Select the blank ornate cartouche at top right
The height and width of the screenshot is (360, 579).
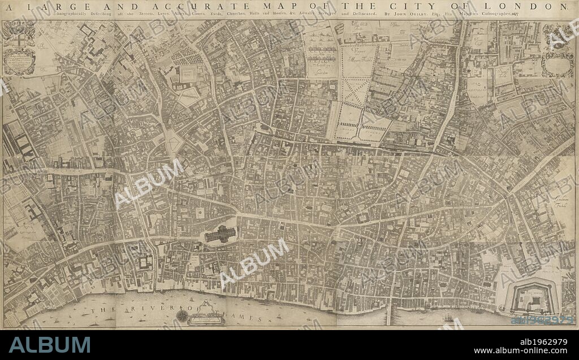click(x=558, y=66)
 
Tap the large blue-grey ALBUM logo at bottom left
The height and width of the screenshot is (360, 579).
click(x=49, y=345)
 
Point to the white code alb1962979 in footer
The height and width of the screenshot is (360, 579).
click(x=543, y=341)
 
